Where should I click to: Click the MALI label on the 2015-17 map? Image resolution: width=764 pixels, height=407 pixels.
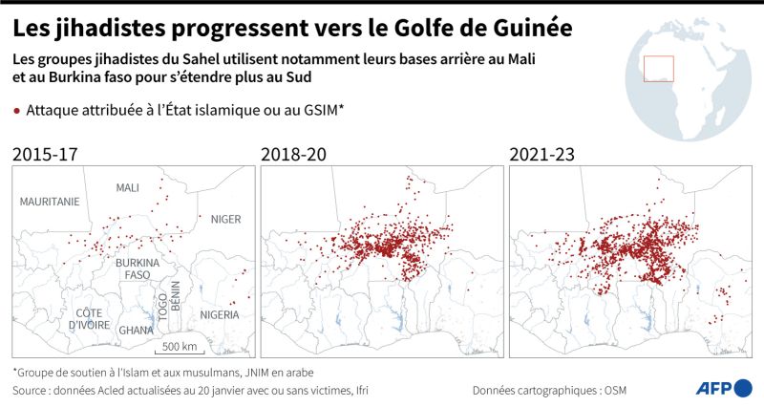(x=127, y=187)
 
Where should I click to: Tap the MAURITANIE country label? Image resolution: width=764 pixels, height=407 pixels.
(x=48, y=202)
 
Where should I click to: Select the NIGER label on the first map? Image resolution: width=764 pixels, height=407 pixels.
(x=225, y=219)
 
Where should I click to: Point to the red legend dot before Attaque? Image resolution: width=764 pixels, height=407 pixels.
(x=17, y=112)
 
